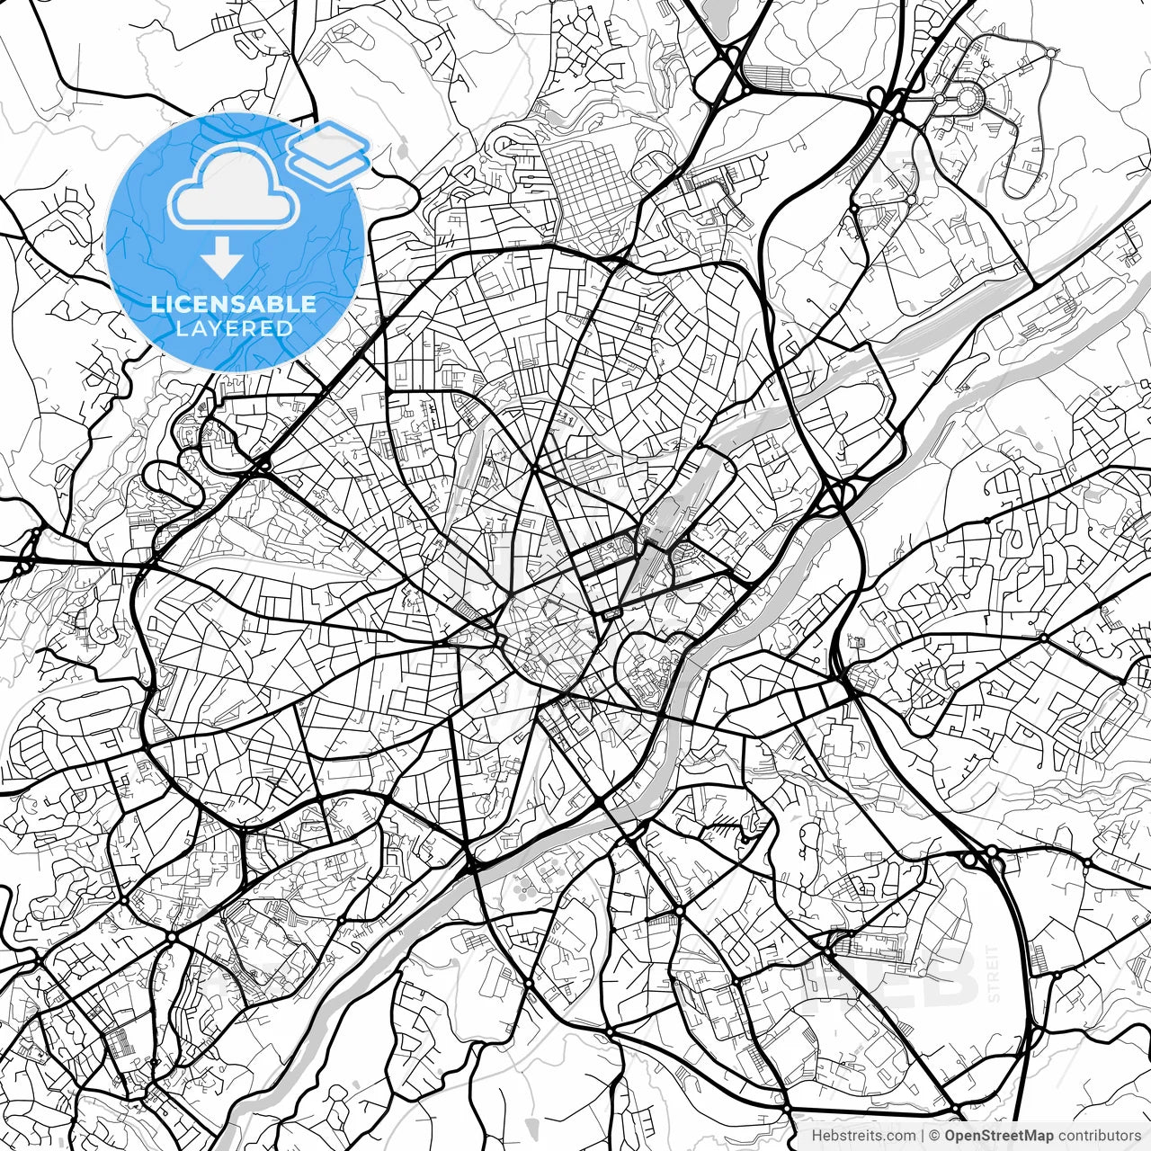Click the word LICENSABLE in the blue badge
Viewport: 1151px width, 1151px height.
coord(234,304)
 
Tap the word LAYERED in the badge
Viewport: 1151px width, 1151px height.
coord(234,329)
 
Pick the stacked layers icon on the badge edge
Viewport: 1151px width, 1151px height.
coord(329,153)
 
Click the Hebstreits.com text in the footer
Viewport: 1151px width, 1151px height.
coord(863,1136)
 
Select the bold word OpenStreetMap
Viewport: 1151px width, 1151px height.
coord(999,1136)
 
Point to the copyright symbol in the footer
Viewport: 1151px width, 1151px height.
coord(935,1136)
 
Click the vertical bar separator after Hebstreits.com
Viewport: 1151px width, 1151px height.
coord(923,1136)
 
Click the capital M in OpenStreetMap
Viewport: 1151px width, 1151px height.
coord(1034,1136)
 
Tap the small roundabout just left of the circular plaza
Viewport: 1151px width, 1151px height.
coord(940,98)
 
